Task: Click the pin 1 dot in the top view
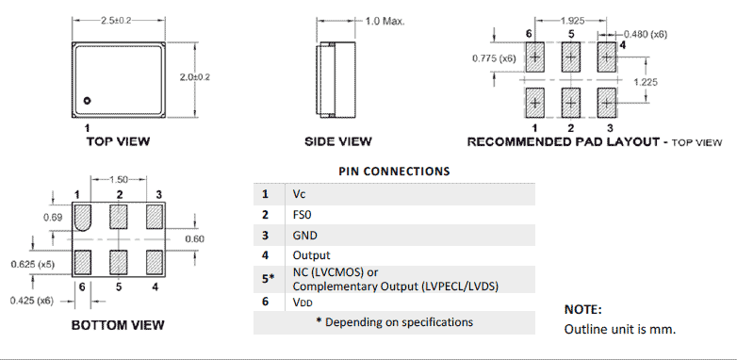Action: click(86, 100)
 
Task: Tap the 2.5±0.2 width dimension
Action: click(118, 20)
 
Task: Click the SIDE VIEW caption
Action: click(337, 141)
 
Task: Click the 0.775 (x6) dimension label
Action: click(495, 58)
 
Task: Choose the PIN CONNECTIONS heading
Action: click(394, 172)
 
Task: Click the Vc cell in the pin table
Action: click(300, 194)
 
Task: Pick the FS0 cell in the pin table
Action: click(303, 215)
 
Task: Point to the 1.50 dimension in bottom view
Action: click(120, 178)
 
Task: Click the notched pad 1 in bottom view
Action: click(82, 217)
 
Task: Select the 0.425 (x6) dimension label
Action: click(30, 301)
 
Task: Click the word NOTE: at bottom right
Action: click(582, 309)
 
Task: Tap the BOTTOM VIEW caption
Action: click(118, 325)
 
